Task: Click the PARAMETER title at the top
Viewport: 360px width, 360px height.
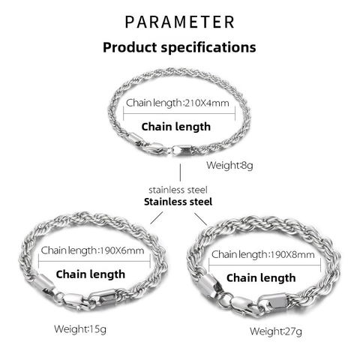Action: click(179, 22)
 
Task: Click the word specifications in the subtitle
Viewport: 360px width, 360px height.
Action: click(208, 47)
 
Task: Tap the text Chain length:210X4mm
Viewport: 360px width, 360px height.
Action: click(178, 103)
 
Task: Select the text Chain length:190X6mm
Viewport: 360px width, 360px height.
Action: click(92, 250)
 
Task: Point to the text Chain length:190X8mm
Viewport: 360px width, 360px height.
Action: click(263, 255)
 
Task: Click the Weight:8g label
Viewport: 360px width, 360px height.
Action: click(229, 166)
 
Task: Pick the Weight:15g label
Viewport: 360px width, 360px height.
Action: click(80, 329)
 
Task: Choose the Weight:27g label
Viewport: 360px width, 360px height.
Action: click(276, 331)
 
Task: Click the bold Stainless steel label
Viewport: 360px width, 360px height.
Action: click(178, 202)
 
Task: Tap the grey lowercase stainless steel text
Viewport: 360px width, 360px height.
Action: click(178, 190)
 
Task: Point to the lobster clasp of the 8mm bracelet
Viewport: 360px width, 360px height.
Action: click(246, 306)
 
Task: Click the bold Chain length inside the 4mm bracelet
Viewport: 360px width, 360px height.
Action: click(176, 127)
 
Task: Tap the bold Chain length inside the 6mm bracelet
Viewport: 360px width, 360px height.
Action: click(91, 274)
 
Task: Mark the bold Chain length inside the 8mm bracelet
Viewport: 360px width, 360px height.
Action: click(261, 278)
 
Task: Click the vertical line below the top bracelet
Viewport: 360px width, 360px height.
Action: click(180, 172)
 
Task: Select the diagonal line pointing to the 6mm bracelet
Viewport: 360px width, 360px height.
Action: click(157, 217)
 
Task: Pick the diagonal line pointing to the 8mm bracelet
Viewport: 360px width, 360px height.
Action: click(201, 219)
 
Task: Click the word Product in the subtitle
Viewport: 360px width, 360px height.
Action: click(130, 47)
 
